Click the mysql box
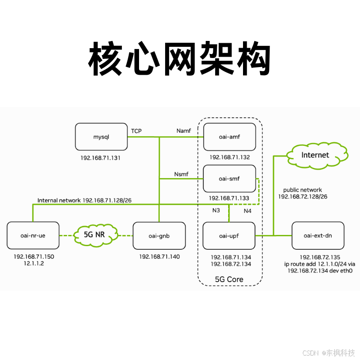point(101,137)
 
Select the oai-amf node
point(229,137)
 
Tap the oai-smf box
point(229,179)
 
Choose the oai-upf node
point(229,235)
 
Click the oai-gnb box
point(159,235)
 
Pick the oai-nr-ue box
point(33,235)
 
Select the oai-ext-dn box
point(318,235)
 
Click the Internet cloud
point(315,155)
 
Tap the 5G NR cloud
point(94,234)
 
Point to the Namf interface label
point(184,131)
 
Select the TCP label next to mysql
point(136,131)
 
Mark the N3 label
point(216,210)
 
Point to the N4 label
point(247,211)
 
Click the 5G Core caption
point(229,279)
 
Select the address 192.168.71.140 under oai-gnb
point(159,256)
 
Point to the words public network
point(302,190)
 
